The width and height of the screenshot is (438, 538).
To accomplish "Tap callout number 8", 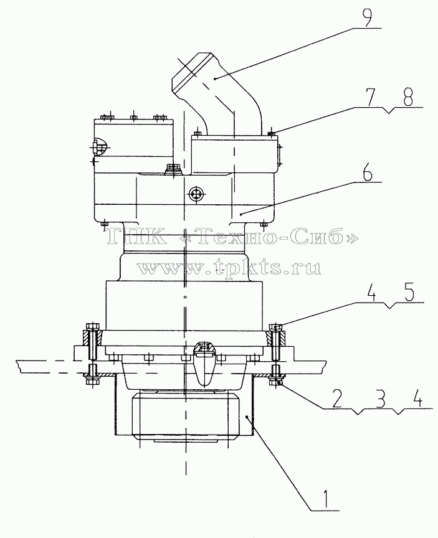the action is pos(407,97).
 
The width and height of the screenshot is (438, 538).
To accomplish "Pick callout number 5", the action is pos(409,291).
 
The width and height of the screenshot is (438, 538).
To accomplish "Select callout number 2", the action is pos(336,397).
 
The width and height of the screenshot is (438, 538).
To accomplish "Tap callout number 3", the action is pos(379,397).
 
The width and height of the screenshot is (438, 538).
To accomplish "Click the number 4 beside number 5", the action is pos(371,291).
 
